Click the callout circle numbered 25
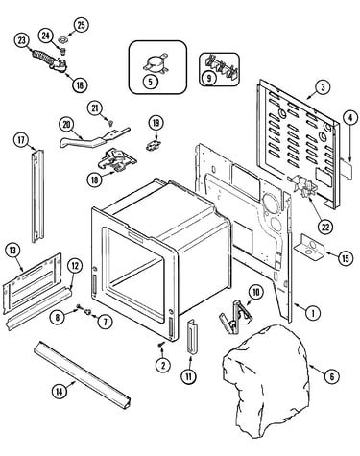[x=81, y=25]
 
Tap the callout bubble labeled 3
[x=323, y=86]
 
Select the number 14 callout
[x=60, y=391]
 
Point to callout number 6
[x=331, y=376]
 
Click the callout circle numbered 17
[x=21, y=140]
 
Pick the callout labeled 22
[x=325, y=227]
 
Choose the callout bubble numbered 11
[x=189, y=376]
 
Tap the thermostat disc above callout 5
[x=155, y=62]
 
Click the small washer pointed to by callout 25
[x=61, y=40]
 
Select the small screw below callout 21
[x=111, y=122]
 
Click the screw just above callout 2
[x=160, y=345]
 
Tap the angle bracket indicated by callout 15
[x=309, y=247]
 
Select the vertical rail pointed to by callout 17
[x=37, y=196]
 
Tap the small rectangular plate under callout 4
[x=347, y=168]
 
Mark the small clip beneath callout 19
[x=154, y=146]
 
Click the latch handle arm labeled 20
[x=93, y=139]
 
